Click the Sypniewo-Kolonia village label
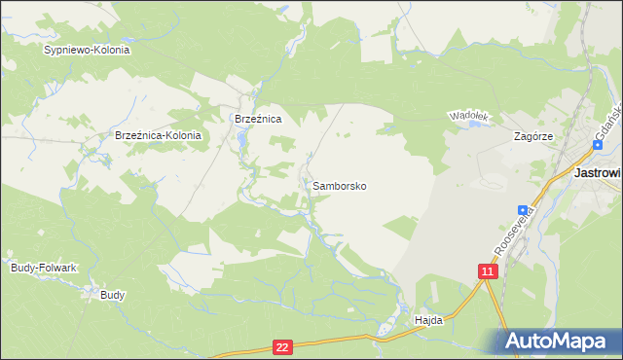(87, 49)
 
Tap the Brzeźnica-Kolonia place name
(158, 136)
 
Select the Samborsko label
(340, 185)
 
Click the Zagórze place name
(533, 137)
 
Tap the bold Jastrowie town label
(598, 172)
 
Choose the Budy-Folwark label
(43, 267)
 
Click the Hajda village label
(428, 320)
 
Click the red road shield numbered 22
(282, 346)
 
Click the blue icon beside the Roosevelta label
(523, 210)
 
